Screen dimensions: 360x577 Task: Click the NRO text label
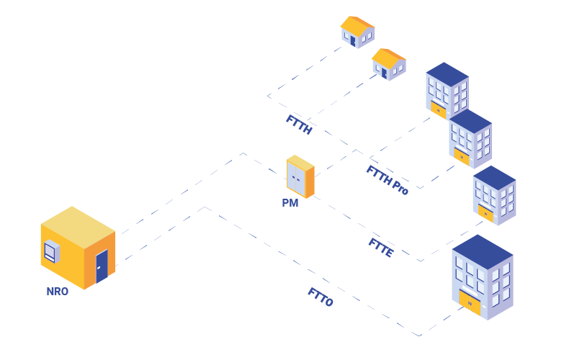(x=57, y=292)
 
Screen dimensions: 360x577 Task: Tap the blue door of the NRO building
(x=102, y=266)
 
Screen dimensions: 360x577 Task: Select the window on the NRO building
(x=50, y=252)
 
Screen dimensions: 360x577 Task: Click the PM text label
(x=290, y=204)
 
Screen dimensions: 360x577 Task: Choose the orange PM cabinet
(x=300, y=177)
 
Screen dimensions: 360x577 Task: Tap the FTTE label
(x=381, y=247)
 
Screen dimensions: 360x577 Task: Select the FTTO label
(x=321, y=297)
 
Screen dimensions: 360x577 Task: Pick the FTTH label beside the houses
(x=299, y=125)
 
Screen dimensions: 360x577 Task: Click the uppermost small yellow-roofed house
(x=357, y=32)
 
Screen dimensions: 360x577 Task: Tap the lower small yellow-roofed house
(x=389, y=65)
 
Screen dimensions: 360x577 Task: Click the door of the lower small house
(x=384, y=73)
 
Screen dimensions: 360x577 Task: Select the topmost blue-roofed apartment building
(x=447, y=90)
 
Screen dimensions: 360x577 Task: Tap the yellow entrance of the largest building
(x=470, y=303)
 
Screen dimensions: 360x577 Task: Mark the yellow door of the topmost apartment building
(x=437, y=109)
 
